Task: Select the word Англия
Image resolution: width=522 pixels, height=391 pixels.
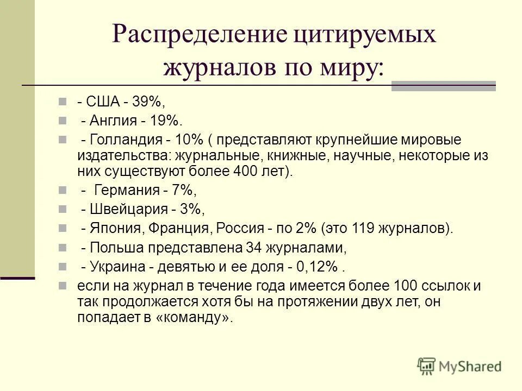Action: coord(111,120)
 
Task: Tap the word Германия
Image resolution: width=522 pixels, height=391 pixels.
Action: coord(127,190)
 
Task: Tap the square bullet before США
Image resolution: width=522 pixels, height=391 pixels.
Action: coord(63,102)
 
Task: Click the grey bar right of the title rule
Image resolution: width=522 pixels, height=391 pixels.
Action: coord(444,85)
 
